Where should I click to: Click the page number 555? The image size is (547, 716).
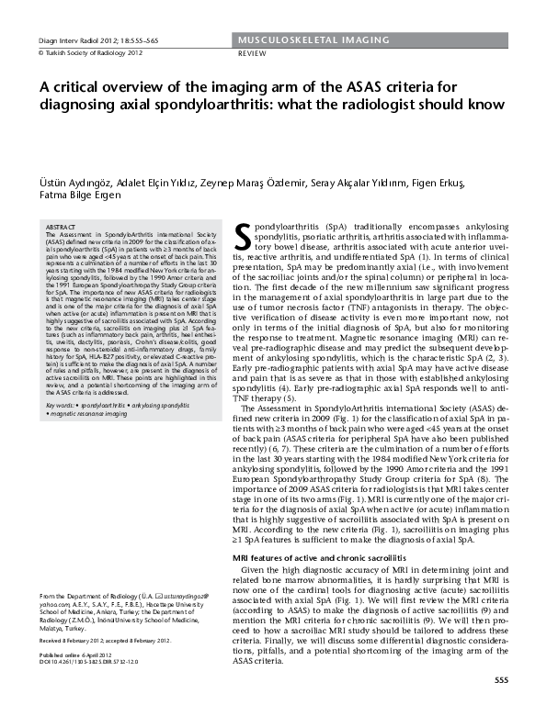[501, 680]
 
